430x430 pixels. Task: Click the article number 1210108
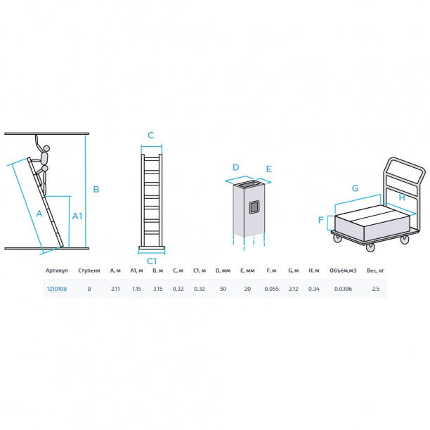pos(57,289)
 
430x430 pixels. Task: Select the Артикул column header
pos(57,271)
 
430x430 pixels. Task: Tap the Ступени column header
pos(89,271)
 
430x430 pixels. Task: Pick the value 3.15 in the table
pos(157,289)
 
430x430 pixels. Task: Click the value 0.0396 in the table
pos(343,289)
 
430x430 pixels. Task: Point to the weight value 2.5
pos(376,289)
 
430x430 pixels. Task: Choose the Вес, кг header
pos(376,271)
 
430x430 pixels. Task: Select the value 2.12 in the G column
pos(294,289)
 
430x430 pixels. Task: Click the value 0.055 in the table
pos(271,289)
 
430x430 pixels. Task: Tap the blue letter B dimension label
pos(96,189)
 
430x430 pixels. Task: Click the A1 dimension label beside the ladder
pos(77,216)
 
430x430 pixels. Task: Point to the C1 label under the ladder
pos(152,261)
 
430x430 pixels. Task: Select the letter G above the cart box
pos(355,188)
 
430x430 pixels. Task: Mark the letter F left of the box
pos(321,220)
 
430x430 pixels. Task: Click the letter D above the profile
pos(235,167)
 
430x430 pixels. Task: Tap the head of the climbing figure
pos(47,148)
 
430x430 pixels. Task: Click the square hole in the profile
pos(254,207)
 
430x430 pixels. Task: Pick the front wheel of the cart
pos(370,247)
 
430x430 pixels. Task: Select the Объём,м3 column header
pos(343,271)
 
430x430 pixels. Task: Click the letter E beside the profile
pos(268,169)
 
